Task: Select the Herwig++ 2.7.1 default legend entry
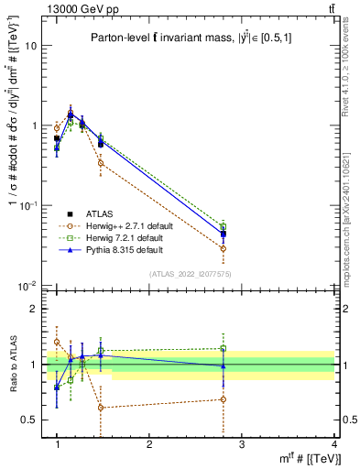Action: (119, 225)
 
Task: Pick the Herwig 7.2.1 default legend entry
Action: (117, 237)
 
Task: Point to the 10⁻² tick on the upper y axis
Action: (27, 286)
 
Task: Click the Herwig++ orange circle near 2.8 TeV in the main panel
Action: (224, 248)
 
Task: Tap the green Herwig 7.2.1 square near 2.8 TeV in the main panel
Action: (224, 226)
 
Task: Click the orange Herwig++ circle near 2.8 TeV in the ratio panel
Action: (224, 399)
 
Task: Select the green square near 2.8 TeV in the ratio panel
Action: (224, 349)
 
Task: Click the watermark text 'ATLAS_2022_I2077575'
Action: (189, 274)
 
